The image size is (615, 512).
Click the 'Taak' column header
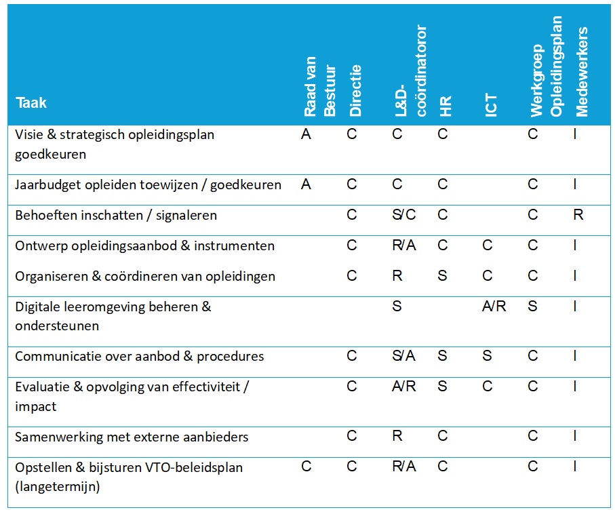point(31,104)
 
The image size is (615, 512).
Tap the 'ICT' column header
point(492,105)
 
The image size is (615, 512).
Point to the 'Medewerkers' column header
point(582,72)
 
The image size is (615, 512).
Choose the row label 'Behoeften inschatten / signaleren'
point(116,215)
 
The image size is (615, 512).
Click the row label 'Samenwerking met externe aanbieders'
point(132,437)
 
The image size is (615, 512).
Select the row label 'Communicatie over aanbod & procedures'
point(139,356)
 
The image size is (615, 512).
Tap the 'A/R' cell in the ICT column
point(494,307)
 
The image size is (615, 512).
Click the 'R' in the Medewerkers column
point(578,215)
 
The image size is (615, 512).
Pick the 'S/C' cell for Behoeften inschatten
point(403,215)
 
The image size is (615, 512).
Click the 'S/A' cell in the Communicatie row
point(403,356)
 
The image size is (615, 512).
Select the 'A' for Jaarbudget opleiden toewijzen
point(306,184)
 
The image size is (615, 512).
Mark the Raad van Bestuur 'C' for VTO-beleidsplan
point(306,467)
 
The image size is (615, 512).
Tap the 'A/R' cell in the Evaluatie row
point(403,387)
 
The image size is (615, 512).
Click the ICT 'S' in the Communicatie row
point(487,356)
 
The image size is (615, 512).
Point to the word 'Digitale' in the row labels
point(38,307)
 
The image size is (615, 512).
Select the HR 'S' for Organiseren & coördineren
point(443,276)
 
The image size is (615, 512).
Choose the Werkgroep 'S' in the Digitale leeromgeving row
point(532,307)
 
